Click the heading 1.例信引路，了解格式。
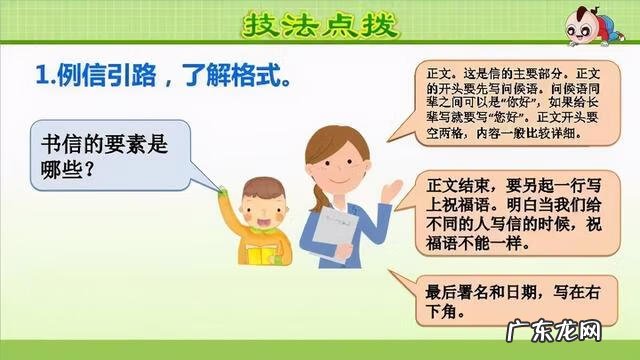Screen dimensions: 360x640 point(166,75)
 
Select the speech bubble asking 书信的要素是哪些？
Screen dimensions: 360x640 point(110,158)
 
